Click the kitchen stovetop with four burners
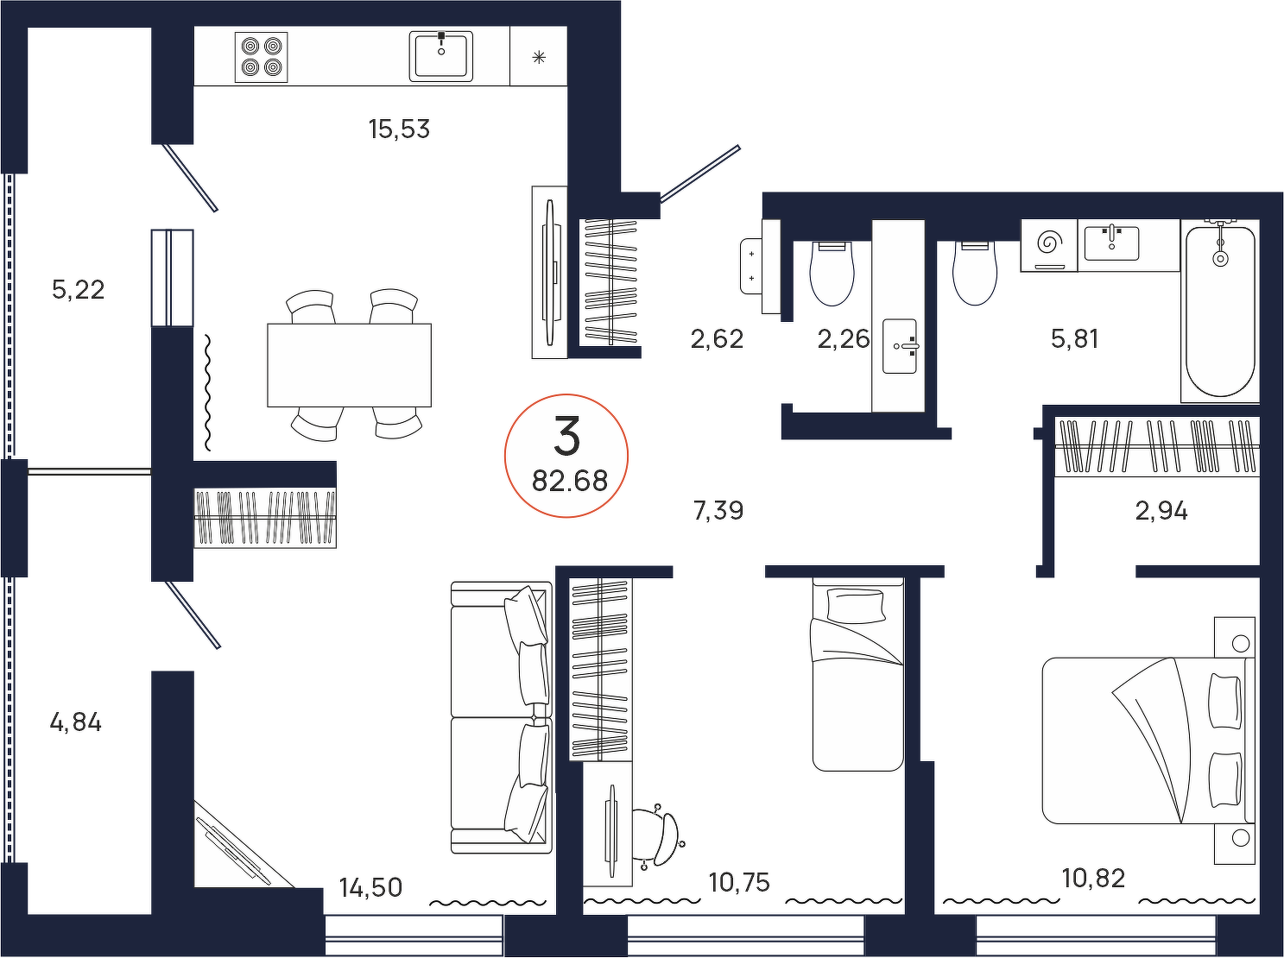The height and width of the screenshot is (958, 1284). coord(261,57)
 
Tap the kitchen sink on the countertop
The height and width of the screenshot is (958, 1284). coord(440,56)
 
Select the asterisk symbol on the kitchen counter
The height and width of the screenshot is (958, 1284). coord(539,57)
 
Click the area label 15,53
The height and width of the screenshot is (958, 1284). coord(399,129)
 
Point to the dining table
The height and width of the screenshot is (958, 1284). coord(349,365)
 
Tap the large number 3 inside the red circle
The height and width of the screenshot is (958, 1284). coord(566,436)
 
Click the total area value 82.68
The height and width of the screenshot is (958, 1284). coord(569,481)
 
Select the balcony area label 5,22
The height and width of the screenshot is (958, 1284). coord(79,290)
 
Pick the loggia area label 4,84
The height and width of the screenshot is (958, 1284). coord(75,723)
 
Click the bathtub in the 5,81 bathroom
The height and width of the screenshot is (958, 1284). coord(1219,311)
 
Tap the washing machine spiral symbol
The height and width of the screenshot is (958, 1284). coord(1049,243)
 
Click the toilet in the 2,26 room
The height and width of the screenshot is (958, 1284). coord(832,273)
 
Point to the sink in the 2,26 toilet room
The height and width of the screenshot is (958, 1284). coord(900,346)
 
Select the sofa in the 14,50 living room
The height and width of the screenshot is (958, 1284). coord(502,717)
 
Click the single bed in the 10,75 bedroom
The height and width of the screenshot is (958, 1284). coord(857,674)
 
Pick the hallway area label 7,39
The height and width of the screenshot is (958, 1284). coord(718,511)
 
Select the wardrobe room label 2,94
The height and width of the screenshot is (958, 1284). coord(1161,512)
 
